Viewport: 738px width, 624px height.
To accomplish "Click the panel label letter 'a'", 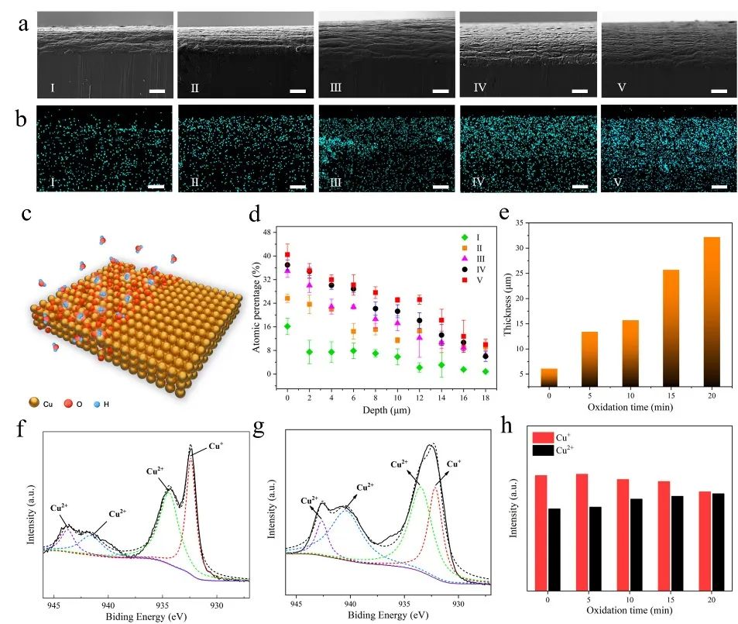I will point(24,24).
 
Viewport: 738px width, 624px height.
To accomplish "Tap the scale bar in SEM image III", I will point(441,91).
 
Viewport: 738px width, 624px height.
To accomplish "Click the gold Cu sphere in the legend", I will point(34,404).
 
